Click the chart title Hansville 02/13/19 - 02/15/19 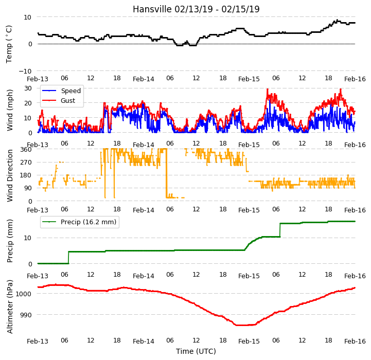coord(196,9)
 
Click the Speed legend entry coord(61,91)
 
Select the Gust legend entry coord(59,100)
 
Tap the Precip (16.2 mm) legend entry coord(79,222)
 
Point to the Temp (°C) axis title coord(9,44)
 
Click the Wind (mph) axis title coord(9,110)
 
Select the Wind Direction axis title coord(10,175)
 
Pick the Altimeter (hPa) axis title coord(10,307)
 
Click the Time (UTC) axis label coord(196,351)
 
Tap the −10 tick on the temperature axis coord(25,71)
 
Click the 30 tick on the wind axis coord(28,88)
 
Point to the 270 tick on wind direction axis coord(26,163)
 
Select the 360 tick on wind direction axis coord(26,150)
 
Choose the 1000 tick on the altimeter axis coord(24,294)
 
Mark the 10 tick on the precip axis coord(28,238)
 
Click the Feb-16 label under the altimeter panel coord(355,341)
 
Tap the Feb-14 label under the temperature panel coord(144,79)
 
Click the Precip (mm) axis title coord(10,241)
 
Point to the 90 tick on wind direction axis coord(28,188)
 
